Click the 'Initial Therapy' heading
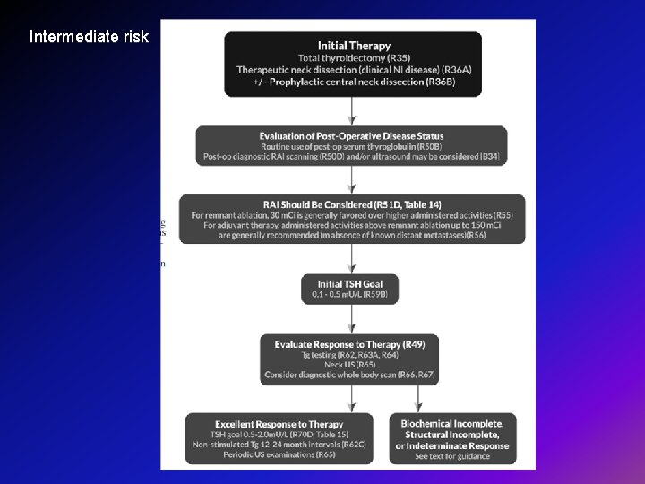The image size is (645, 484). [x=353, y=46]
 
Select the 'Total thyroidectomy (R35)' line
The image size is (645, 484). [x=353, y=57]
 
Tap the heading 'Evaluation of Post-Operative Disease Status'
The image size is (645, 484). [x=352, y=136]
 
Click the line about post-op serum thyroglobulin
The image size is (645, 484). [x=352, y=146]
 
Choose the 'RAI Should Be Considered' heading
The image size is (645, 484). [x=352, y=204]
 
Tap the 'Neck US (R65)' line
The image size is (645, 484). [x=350, y=366]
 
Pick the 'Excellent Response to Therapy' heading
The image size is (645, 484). [x=279, y=424]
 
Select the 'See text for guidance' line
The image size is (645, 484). [x=452, y=456]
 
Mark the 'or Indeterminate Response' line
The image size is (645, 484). [x=452, y=445]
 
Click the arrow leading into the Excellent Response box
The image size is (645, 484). [x=279, y=400]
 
